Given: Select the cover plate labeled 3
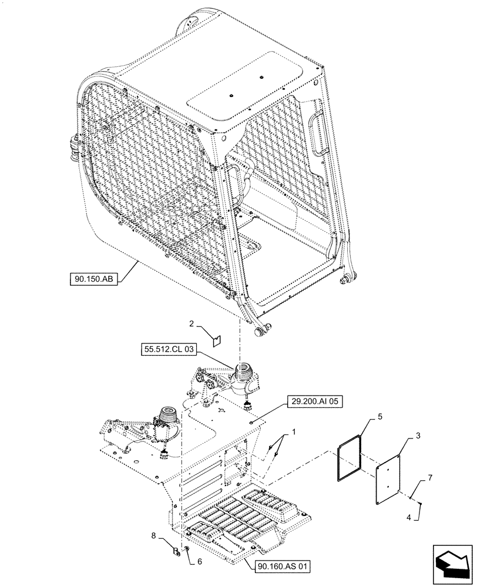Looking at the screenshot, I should tap(388, 477).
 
